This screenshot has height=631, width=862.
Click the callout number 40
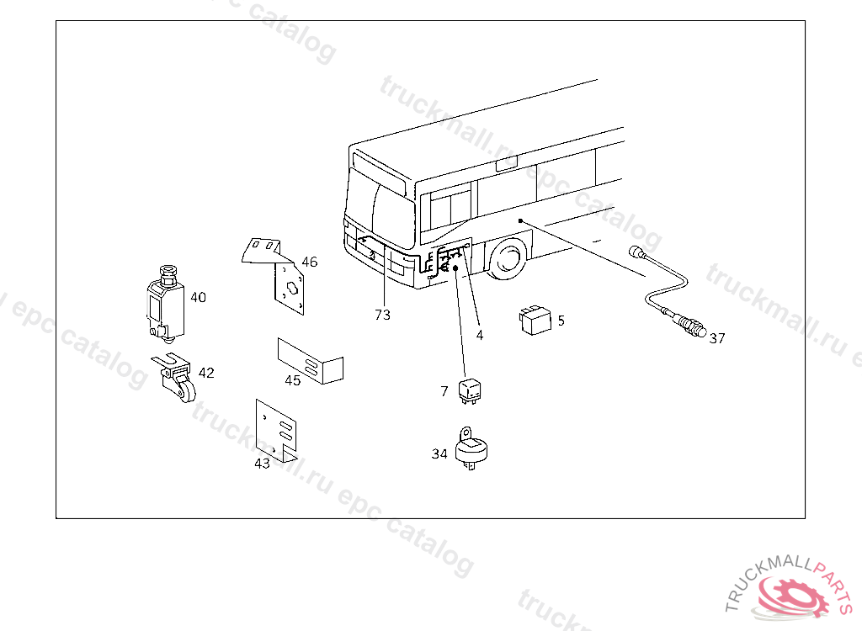click(x=198, y=297)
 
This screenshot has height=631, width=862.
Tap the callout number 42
click(x=206, y=373)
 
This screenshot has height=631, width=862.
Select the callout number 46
click(x=310, y=262)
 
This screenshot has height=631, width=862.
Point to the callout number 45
click(x=292, y=380)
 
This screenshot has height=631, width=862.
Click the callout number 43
click(x=263, y=463)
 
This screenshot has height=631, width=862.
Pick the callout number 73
click(x=383, y=315)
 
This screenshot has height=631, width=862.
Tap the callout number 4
click(x=480, y=335)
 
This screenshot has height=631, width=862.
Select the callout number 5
click(x=561, y=321)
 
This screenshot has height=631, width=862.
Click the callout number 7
click(x=444, y=391)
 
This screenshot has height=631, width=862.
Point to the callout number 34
click(x=439, y=454)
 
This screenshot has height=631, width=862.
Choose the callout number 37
click(x=716, y=338)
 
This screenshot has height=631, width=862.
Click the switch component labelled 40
click(x=166, y=305)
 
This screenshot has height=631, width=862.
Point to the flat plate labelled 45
click(x=312, y=361)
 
